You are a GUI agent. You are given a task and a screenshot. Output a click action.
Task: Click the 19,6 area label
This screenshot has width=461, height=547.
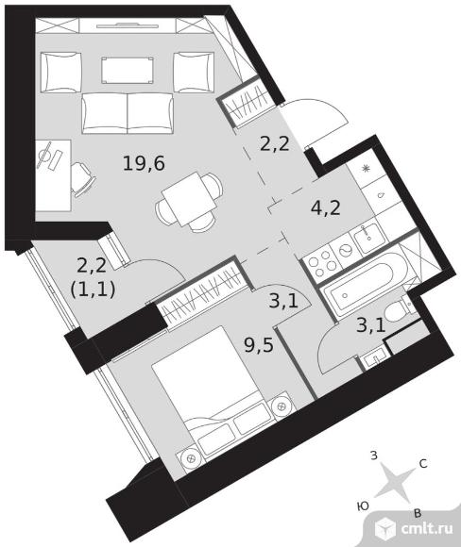coord(144,163)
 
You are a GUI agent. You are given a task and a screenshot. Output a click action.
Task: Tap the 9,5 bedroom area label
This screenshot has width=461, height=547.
coord(259,346)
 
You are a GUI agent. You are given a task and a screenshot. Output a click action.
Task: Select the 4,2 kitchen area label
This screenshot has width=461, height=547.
coord(325,208)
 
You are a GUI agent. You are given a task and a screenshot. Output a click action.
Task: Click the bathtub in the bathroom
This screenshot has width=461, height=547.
coord(367,286)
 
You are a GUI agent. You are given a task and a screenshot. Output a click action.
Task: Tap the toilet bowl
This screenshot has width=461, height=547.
coord(400,309)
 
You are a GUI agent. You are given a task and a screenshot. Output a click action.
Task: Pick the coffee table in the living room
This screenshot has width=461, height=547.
coord(128,71)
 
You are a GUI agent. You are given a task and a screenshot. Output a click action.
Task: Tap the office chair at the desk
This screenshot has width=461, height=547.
coord(83,177)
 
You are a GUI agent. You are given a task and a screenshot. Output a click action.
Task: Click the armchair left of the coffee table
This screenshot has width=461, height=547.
coord(61,73)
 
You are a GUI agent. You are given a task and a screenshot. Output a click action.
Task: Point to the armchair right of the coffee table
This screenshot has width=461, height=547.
coord(194,73)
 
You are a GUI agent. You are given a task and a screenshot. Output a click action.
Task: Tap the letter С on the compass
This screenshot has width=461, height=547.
coord(423,464)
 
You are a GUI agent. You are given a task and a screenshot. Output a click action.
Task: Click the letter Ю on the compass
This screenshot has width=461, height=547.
coord(363,506)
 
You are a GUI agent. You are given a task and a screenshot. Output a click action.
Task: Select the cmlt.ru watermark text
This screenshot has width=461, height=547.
coord(427,528)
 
